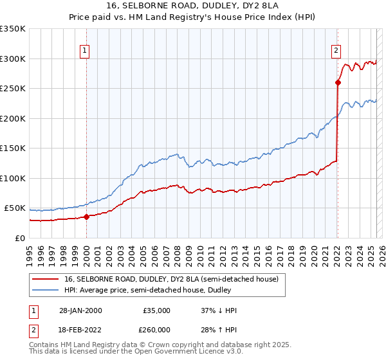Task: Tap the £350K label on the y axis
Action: [13, 29]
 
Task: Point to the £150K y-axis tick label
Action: [13, 148]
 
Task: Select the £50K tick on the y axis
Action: [15, 208]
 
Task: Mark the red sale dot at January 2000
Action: [86, 217]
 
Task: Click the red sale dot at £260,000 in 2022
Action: [338, 82]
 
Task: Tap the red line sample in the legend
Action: [47, 279]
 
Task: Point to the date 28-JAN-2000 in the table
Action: [80, 310]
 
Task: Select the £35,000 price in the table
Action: [156, 310]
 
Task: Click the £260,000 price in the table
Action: [156, 330]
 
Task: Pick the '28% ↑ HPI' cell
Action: [219, 330]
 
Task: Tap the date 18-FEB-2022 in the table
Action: [80, 330]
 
